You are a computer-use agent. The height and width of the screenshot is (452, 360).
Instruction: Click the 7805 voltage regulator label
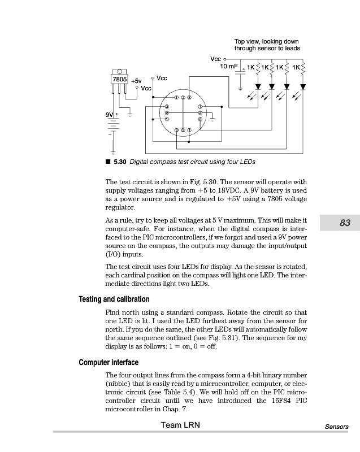120,79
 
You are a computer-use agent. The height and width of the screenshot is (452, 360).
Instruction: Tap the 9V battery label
109,115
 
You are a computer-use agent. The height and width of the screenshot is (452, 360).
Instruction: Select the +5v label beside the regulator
136,81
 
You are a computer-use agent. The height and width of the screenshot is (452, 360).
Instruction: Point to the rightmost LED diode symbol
303,87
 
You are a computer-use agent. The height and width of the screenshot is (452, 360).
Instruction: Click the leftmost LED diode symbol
258,87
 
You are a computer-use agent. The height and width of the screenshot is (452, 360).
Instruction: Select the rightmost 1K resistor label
296,67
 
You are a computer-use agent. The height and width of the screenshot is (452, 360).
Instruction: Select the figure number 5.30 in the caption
120,162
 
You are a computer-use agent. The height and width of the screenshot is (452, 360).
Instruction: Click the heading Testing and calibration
114,299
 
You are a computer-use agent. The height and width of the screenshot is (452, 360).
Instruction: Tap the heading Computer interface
109,362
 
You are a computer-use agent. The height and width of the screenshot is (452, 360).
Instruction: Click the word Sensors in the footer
336,427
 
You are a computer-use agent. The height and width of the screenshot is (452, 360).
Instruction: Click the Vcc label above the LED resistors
215,58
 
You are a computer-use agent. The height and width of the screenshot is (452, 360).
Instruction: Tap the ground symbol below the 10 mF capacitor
241,89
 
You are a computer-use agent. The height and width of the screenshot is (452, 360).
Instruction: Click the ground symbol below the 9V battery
113,151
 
